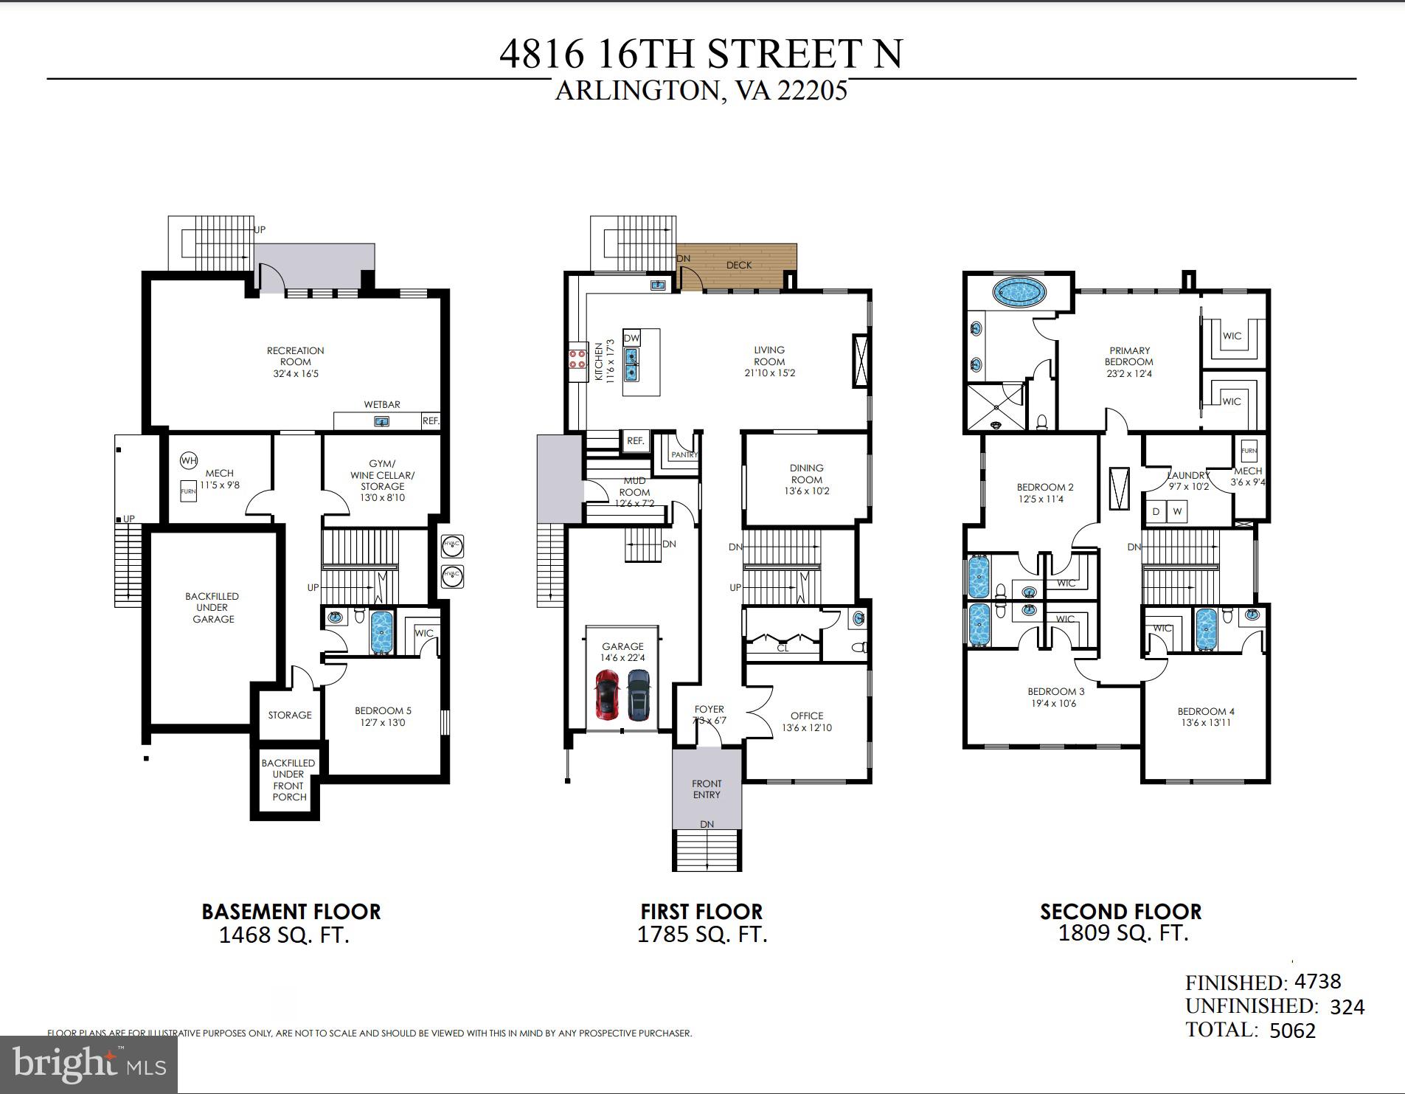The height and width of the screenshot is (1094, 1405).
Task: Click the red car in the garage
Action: pyautogui.click(x=607, y=694)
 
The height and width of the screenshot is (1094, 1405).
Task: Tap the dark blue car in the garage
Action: pyautogui.click(x=639, y=694)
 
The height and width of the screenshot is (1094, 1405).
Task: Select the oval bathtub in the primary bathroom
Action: pyautogui.click(x=1019, y=293)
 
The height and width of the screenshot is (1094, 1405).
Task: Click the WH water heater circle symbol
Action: pyautogui.click(x=189, y=461)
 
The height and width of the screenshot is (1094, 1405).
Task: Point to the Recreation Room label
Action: pyautogui.click(x=295, y=356)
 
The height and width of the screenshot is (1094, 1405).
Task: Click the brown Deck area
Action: pyautogui.click(x=738, y=266)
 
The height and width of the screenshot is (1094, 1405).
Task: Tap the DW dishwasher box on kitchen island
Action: pyautogui.click(x=632, y=338)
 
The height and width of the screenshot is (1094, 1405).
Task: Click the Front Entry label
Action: pyautogui.click(x=707, y=789)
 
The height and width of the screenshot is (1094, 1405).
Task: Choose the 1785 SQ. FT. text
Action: pyautogui.click(x=702, y=935)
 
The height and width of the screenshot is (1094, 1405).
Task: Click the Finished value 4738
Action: pyautogui.click(x=1317, y=981)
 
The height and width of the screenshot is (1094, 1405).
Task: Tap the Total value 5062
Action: pyautogui.click(x=1292, y=1031)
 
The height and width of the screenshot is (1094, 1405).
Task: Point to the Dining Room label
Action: pyautogui.click(x=806, y=474)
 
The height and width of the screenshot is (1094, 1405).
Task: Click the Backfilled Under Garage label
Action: pyautogui.click(x=213, y=607)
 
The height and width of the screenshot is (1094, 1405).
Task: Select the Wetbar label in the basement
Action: pyautogui.click(x=382, y=404)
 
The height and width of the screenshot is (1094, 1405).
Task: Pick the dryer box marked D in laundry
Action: pyautogui.click(x=1156, y=511)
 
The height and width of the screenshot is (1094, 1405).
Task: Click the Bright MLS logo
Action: pyautogui.click(x=89, y=1064)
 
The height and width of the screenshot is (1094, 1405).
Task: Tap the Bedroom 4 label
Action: pyautogui.click(x=1206, y=711)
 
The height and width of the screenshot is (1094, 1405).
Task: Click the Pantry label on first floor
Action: pyautogui.click(x=684, y=455)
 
